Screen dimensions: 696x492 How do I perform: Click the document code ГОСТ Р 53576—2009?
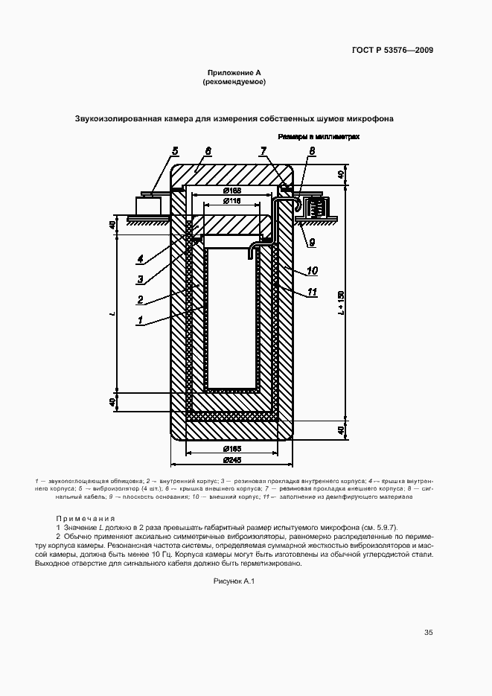[x=392, y=51]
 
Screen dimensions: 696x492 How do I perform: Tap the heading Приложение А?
[x=234, y=72]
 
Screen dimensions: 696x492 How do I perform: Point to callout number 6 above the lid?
[x=208, y=151]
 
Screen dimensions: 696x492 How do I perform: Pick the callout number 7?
[x=263, y=151]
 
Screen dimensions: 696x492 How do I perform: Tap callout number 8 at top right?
[x=312, y=151]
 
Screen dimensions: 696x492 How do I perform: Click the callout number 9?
[x=312, y=241]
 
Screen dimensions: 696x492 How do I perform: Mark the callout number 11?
[x=313, y=293]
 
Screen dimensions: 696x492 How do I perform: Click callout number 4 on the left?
[x=139, y=259]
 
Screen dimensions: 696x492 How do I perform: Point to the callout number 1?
[x=139, y=322]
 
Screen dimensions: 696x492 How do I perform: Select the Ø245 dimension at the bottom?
[x=233, y=459]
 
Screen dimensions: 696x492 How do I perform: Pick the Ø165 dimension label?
[x=233, y=449]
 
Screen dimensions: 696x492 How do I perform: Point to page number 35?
[x=428, y=633]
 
